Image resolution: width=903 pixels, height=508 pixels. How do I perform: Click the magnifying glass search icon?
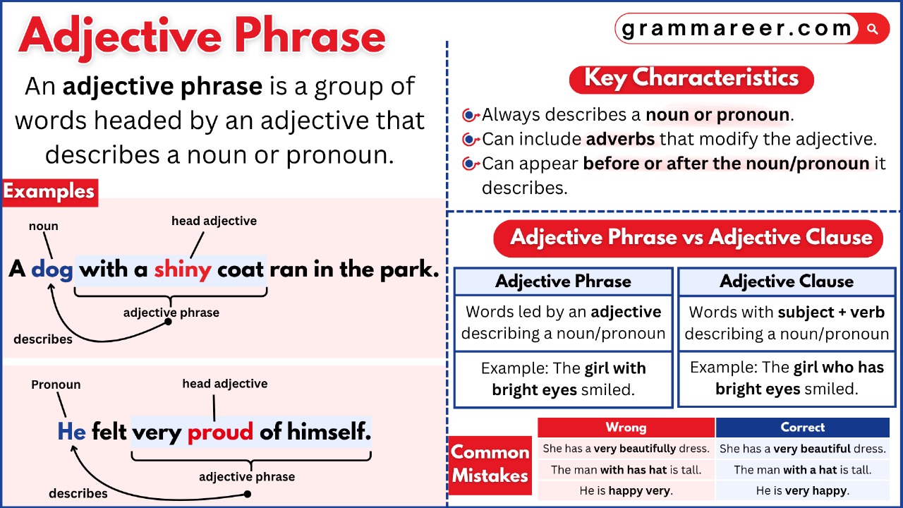click(873, 30)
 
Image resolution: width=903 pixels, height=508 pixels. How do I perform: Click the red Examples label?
click(49, 192)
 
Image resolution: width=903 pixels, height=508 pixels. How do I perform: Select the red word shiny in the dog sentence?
click(183, 270)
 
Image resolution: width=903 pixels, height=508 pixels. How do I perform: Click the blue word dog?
click(52, 270)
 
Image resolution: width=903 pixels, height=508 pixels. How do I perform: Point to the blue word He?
click(71, 431)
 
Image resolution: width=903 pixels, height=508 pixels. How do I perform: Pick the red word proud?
click(220, 431)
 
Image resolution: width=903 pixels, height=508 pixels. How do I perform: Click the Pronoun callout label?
click(56, 385)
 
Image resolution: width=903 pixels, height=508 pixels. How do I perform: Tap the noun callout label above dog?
click(44, 226)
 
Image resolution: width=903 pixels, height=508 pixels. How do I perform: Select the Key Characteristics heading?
click(691, 78)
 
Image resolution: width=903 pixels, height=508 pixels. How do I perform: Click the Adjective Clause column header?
click(787, 282)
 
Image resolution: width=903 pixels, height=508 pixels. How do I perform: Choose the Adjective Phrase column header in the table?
click(563, 282)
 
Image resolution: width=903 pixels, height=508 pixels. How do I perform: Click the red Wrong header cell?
click(626, 428)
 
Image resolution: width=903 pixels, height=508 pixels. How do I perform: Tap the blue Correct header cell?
click(802, 428)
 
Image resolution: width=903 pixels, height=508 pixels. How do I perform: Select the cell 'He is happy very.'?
click(626, 490)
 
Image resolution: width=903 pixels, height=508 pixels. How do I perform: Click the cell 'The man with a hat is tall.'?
click(802, 469)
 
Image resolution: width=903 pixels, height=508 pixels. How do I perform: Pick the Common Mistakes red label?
click(490, 464)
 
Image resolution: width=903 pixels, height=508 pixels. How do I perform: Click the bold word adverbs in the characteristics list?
click(620, 139)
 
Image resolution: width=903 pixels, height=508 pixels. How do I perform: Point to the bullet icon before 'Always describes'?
click(470, 115)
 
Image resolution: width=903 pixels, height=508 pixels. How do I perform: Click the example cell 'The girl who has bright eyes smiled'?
click(787, 378)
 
